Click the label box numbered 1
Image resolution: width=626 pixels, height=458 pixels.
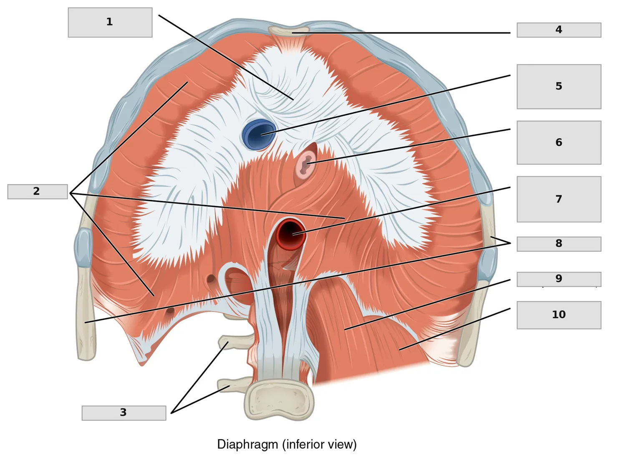point(110,23)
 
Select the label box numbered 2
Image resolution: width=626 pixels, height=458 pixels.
point(38,192)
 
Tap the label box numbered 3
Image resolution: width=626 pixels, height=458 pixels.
point(124,413)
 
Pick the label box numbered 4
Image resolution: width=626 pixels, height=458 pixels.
point(559,30)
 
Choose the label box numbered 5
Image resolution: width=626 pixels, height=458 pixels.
point(559,87)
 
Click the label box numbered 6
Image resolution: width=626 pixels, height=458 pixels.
point(559,143)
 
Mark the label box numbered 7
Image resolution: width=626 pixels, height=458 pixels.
point(559,200)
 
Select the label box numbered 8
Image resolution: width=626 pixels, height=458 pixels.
point(559,244)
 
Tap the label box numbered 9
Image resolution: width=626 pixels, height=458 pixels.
point(559,279)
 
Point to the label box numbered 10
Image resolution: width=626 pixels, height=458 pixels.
point(559,315)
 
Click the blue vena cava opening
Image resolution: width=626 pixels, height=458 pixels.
point(259,134)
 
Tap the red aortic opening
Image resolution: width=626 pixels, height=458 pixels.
point(291,235)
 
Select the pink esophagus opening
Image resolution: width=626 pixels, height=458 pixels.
point(306,165)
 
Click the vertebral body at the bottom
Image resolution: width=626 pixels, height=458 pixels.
point(279,400)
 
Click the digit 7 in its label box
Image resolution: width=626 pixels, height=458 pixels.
point(559,199)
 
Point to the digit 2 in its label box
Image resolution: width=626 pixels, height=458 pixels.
point(36,191)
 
